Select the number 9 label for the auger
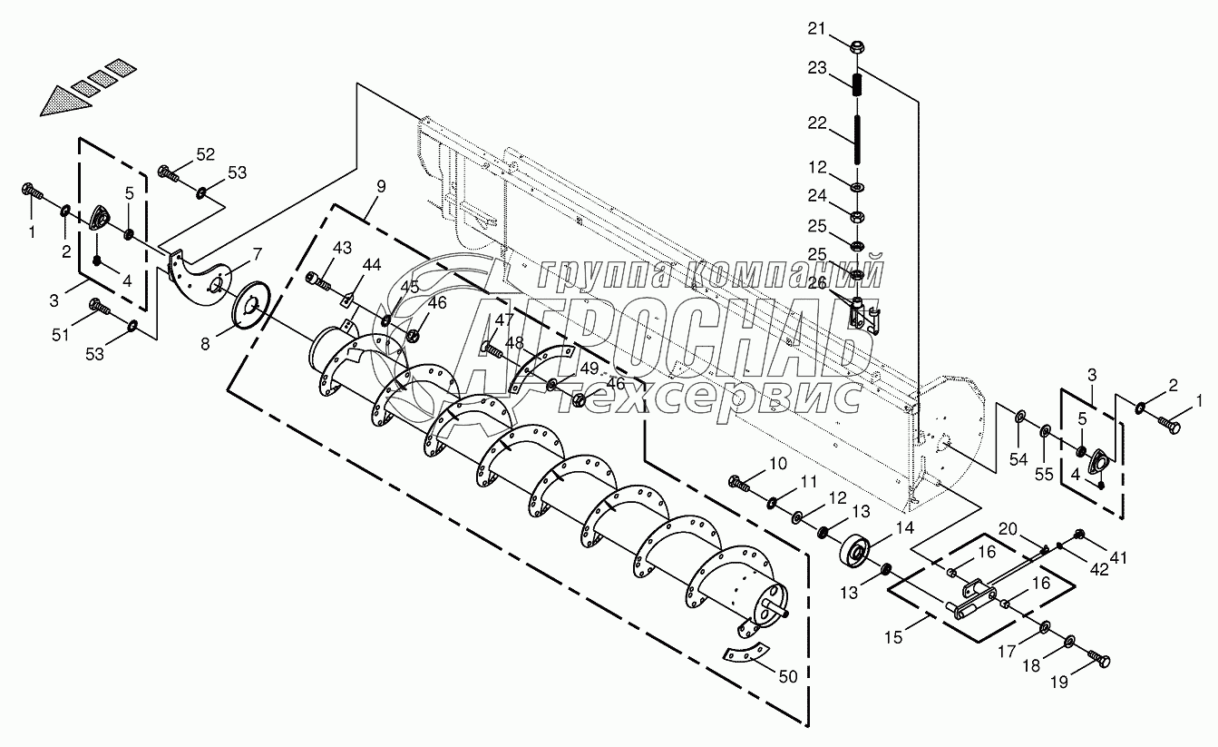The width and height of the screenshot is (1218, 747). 380,187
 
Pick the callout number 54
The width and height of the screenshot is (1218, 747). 1019,459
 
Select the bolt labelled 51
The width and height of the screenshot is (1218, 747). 97,312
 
